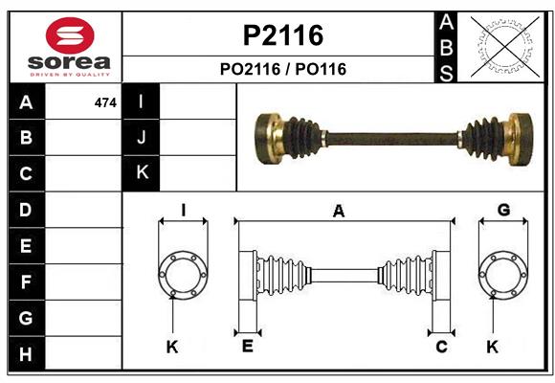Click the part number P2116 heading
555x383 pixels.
281,35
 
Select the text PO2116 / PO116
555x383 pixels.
281,69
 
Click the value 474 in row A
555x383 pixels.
105,102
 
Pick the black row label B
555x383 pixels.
26,138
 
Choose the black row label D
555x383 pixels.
26,210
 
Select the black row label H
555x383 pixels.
26,355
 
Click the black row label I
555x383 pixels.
142,101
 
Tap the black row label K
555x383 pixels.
142,173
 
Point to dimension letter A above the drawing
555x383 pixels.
339,212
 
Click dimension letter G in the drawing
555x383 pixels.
503,211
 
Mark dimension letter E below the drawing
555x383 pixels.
247,346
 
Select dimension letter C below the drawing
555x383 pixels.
441,346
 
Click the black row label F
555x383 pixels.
26,282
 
